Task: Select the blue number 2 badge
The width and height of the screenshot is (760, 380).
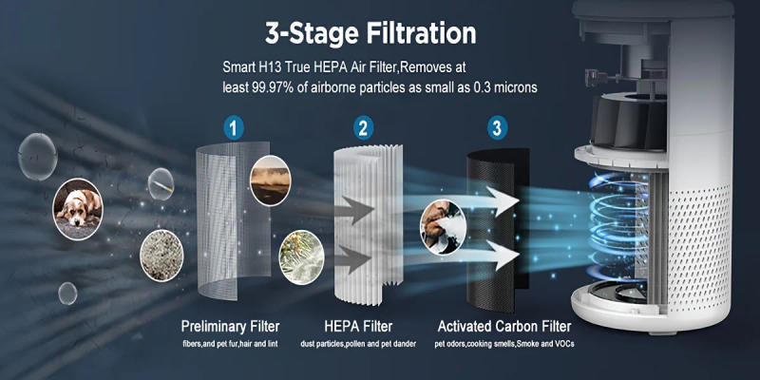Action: point(363,126)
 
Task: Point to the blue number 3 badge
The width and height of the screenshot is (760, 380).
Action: point(496,126)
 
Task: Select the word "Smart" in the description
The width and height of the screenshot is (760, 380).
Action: point(238,66)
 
